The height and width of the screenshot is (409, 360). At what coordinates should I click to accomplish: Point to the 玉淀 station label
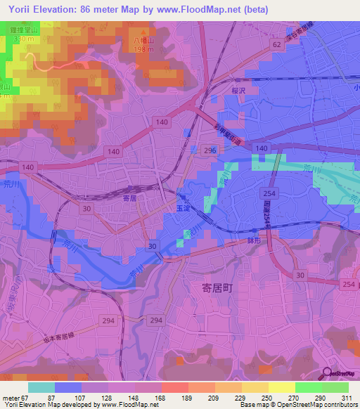(182, 208)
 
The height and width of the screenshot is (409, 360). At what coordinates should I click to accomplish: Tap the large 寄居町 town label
(211, 286)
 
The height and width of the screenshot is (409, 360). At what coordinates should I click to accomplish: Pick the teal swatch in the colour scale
(41, 387)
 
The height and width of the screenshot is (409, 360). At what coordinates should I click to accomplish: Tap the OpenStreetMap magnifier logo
(326, 374)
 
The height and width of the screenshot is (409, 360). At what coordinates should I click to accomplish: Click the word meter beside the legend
(11, 397)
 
